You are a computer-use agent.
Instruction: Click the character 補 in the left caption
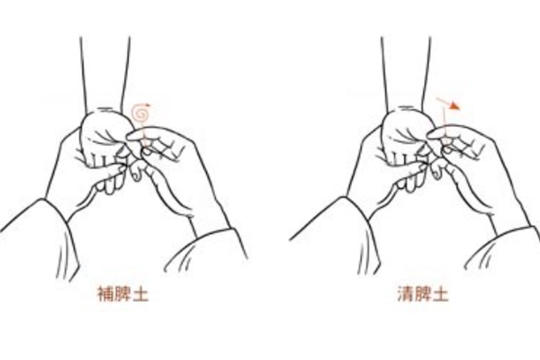(105, 294)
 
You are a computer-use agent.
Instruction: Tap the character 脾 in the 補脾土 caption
(123, 294)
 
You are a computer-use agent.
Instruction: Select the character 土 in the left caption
(140, 294)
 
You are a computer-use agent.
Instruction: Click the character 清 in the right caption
(406, 294)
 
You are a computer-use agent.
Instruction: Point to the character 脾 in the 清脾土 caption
(423, 294)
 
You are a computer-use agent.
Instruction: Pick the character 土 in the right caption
(440, 294)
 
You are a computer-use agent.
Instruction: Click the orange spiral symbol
(140, 112)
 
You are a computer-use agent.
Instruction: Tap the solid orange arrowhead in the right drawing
(454, 106)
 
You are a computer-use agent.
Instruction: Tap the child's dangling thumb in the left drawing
(137, 172)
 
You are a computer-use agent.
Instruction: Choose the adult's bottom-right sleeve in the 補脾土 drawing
(207, 251)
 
